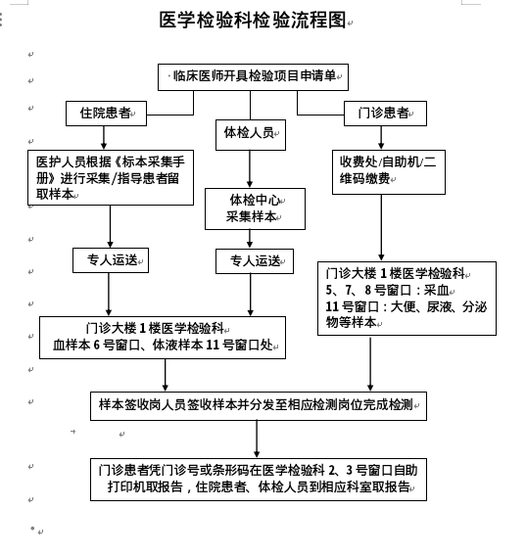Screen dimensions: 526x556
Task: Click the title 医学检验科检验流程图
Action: click(253, 20)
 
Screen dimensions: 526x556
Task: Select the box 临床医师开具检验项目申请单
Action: click(253, 77)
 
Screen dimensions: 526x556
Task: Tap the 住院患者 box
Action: click(106, 114)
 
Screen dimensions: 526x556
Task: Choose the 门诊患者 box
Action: click(385, 114)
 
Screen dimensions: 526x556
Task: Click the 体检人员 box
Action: click(251, 135)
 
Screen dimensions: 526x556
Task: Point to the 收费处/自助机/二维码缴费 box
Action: click(389, 172)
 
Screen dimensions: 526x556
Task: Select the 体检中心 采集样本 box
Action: click(255, 208)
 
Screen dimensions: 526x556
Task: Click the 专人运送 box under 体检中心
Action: click(255, 261)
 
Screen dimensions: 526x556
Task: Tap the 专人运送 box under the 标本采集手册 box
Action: click(111, 260)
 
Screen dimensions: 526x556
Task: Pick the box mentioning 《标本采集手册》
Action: click(111, 177)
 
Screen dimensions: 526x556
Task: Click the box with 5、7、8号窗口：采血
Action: click(406, 299)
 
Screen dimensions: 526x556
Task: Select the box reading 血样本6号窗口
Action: click(163, 338)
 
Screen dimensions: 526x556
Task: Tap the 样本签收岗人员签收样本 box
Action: click(259, 406)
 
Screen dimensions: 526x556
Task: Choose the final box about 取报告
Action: click(259, 479)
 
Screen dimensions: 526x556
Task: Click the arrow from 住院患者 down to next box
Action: click(104, 138)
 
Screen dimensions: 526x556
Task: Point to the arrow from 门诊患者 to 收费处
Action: click(381, 138)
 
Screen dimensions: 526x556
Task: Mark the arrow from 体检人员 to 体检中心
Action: click(250, 169)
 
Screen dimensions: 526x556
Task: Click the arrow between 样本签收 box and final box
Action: click(257, 440)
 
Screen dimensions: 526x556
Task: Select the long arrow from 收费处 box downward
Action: click(381, 228)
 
